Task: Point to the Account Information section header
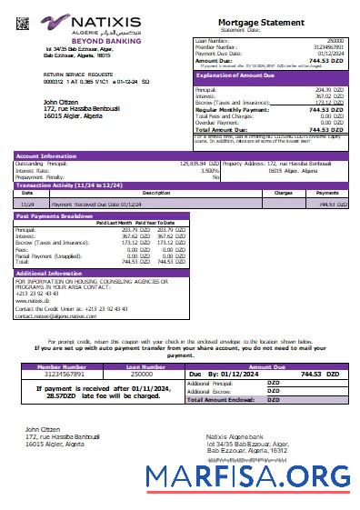pos(46,156)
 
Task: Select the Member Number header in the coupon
pos(60,366)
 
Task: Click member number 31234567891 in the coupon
pos(60,374)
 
